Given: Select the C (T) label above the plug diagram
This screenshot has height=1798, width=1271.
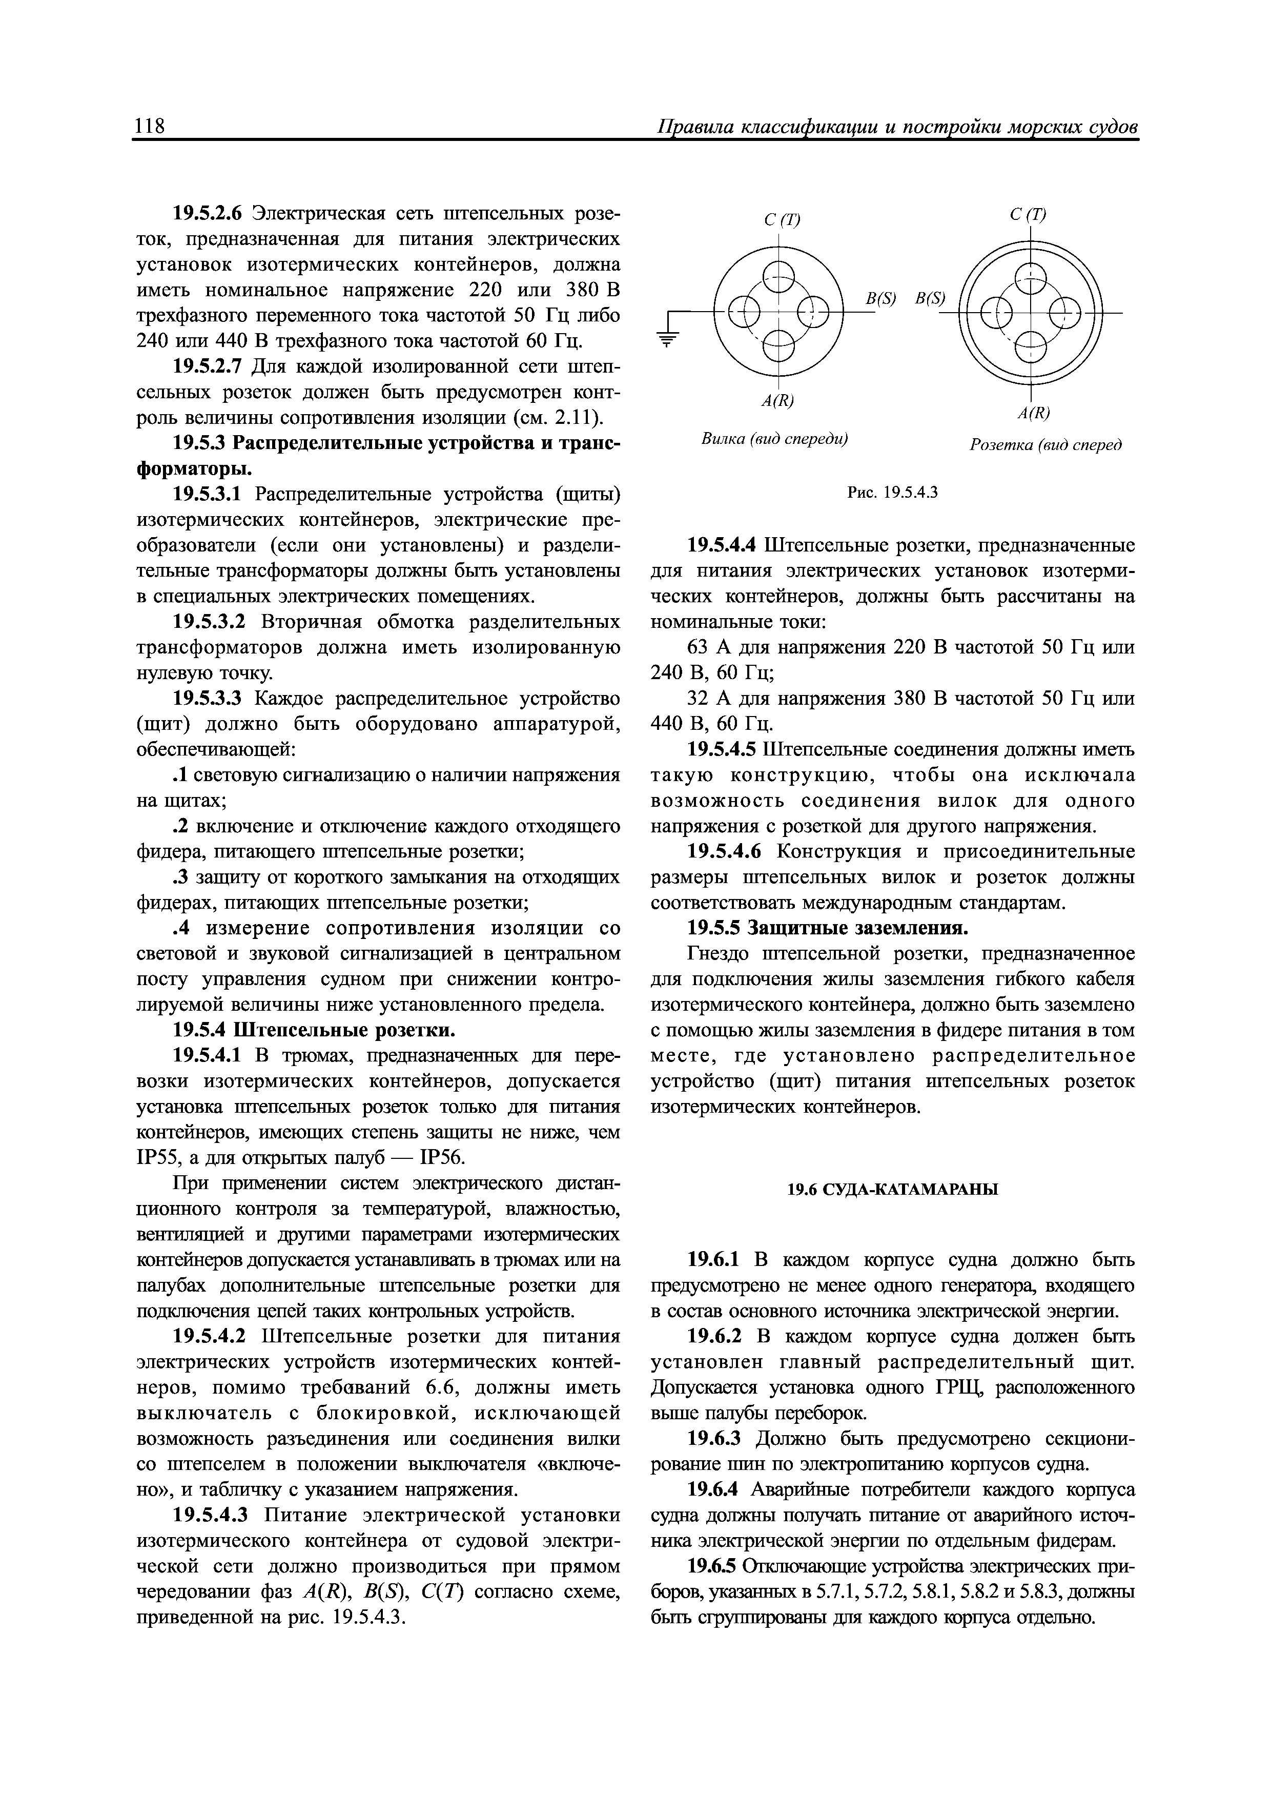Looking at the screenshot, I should pos(782,220).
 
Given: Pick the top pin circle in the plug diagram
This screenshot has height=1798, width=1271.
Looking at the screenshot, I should pos(778,276).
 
